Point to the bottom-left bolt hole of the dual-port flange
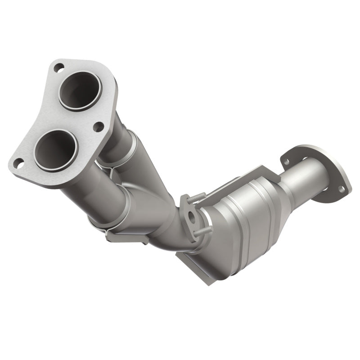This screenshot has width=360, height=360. [18, 164]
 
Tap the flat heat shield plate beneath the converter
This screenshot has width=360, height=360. [193, 261]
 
